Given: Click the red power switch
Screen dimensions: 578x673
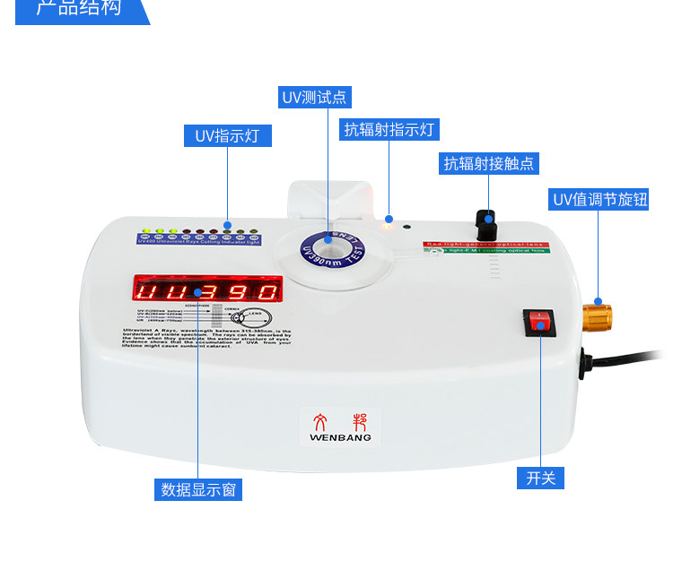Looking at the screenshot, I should (541, 321).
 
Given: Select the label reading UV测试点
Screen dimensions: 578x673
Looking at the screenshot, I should (314, 97).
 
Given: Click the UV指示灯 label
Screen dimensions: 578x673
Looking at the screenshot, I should (227, 136).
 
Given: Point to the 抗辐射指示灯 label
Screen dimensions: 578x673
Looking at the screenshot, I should (389, 129).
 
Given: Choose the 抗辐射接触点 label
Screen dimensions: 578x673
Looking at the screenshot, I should (489, 163).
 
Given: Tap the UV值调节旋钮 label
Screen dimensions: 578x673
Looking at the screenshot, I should (599, 199).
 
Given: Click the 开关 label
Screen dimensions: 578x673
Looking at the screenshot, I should (541, 478).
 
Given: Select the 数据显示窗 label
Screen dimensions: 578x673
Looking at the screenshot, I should (201, 489).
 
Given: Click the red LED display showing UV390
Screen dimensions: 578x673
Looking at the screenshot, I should (207, 290).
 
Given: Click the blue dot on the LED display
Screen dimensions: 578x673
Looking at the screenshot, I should (197, 293).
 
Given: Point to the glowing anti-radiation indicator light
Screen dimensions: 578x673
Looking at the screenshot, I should (388, 224).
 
